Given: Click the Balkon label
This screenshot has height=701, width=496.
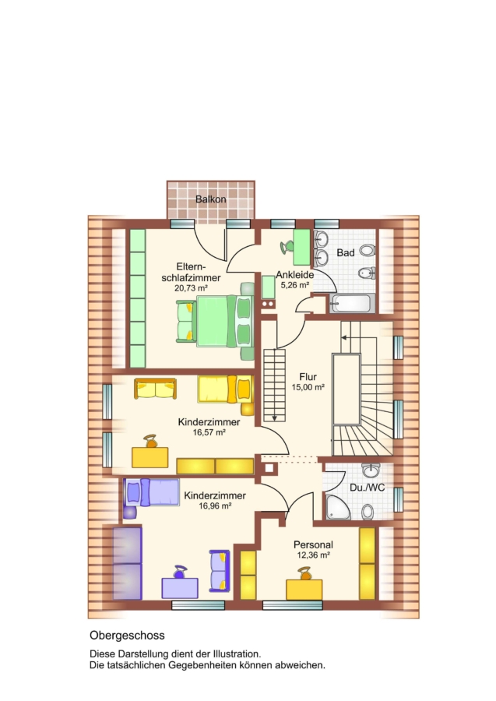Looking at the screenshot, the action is (x=210, y=199).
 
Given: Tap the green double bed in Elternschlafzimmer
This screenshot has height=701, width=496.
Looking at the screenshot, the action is (x=215, y=321).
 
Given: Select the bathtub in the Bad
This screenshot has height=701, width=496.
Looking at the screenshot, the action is (x=351, y=304).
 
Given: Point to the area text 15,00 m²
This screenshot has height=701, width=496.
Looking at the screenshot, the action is (x=308, y=388).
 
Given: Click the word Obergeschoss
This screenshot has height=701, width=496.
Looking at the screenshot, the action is (x=127, y=636).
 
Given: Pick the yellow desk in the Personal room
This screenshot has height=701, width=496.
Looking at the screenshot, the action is (x=304, y=590).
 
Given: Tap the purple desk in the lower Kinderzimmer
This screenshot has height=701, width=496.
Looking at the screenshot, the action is (x=180, y=588).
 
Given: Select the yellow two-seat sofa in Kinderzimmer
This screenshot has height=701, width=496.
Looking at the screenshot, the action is (x=155, y=389).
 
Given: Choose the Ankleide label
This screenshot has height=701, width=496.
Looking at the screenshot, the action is (x=294, y=274).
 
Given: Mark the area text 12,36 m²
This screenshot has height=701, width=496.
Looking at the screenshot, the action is (x=313, y=555).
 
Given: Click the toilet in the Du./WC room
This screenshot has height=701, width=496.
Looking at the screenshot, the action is (x=368, y=511).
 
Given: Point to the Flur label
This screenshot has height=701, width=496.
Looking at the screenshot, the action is (x=308, y=377).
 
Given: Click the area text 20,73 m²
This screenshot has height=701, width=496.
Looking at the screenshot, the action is (x=192, y=288).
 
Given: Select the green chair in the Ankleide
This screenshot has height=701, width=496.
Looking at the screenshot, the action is (x=287, y=246).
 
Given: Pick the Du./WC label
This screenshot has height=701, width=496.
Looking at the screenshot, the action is (x=367, y=488).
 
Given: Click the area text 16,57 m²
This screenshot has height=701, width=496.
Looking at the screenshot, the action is (x=209, y=432).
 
